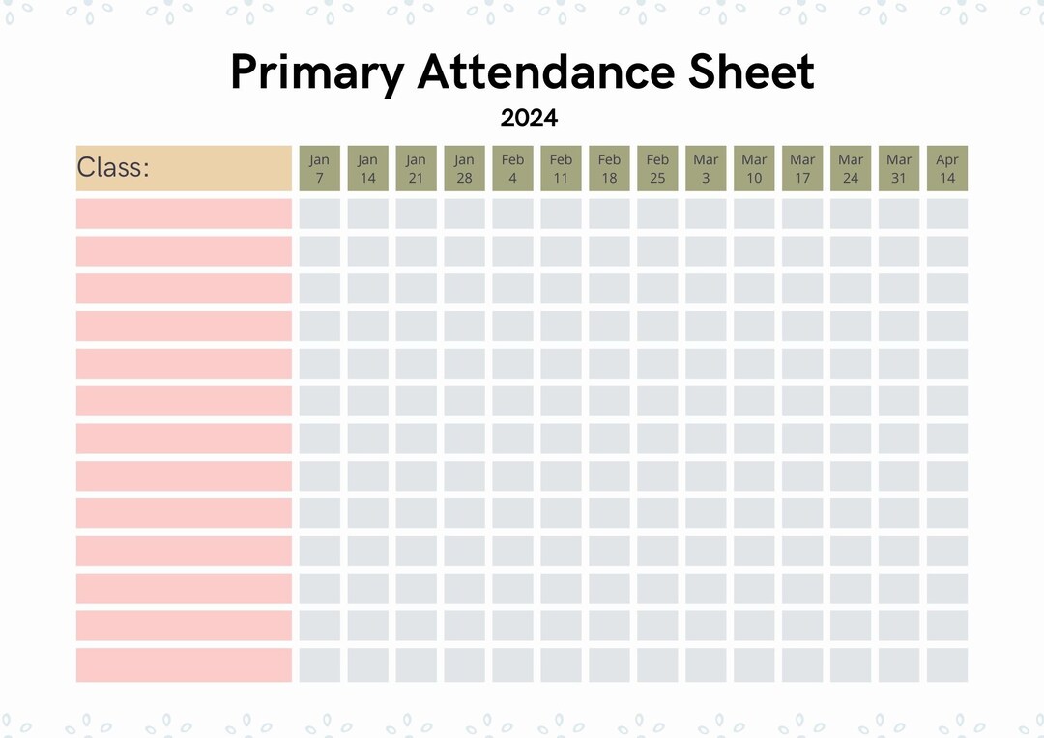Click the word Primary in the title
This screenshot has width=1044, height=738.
pyautogui.click(x=316, y=73)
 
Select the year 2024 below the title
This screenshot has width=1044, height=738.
pyautogui.click(x=529, y=118)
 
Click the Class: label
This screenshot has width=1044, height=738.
pyautogui.click(x=113, y=168)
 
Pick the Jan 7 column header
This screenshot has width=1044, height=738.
pyautogui.click(x=320, y=168)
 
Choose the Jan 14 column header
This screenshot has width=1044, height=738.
pyautogui.click(x=368, y=168)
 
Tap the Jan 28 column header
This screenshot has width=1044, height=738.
pyautogui.click(x=465, y=168)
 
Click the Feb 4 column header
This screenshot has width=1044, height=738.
pyautogui.click(x=512, y=168)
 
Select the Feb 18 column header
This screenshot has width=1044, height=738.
pyautogui.click(x=609, y=168)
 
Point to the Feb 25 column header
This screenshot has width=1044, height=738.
pyautogui.click(x=657, y=168)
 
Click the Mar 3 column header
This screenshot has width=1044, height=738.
pyautogui.click(x=706, y=168)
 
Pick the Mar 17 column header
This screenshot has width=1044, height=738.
pyautogui.click(x=802, y=168)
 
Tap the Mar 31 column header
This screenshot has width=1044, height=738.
pyautogui.click(x=899, y=168)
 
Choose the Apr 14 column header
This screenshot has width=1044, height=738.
pyautogui.click(x=947, y=168)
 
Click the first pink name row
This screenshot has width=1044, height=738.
pyautogui.click(x=184, y=213)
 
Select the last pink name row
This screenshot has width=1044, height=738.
pyautogui.click(x=184, y=665)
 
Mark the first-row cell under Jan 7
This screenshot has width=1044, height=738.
pyautogui.click(x=320, y=213)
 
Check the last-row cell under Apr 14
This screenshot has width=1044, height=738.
pyautogui.click(x=947, y=665)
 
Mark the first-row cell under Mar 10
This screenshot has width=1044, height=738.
pyautogui.click(x=754, y=213)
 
